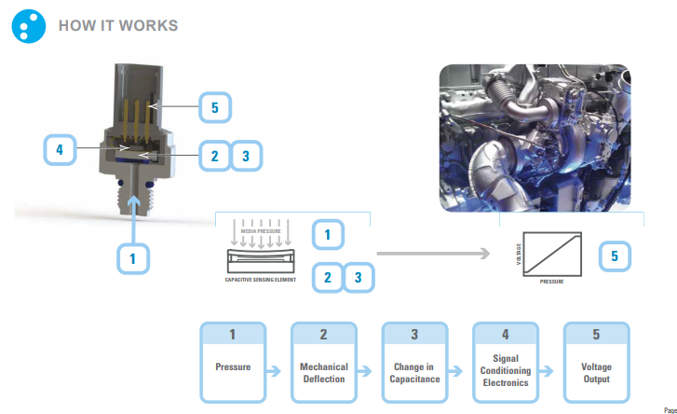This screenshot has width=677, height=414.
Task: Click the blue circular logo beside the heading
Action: click(29, 26)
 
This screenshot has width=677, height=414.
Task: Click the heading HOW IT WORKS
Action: click(117, 25)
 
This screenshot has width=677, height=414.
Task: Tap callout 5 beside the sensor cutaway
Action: click(214, 108)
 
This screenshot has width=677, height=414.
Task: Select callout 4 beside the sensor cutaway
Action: click(59, 149)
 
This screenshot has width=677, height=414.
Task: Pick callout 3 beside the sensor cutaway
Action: click(245, 156)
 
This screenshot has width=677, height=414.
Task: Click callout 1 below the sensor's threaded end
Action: click(136, 258)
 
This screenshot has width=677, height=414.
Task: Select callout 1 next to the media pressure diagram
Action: click(327, 235)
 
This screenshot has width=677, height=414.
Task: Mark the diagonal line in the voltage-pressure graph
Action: click(552, 252)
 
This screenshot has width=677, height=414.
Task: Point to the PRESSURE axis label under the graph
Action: click(552, 280)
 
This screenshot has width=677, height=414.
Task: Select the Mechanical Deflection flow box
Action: click(324, 363)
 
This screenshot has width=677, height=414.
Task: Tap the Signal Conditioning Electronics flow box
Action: click(506, 363)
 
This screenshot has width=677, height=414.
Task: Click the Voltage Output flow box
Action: click(596, 363)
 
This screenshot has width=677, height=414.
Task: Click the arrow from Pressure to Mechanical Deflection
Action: click(277, 371)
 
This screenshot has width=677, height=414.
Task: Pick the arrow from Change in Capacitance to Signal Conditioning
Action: click(458, 371)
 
